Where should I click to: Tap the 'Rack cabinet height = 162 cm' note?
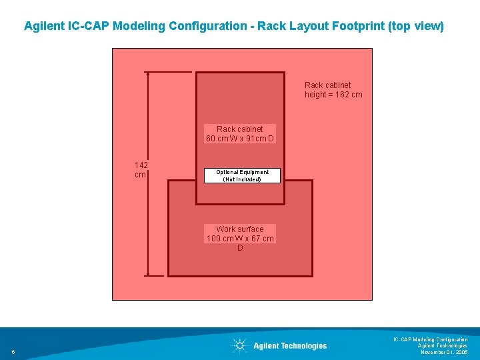tap(333, 90)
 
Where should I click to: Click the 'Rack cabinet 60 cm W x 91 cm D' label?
tap(240, 134)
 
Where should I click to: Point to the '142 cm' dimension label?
tap(141, 169)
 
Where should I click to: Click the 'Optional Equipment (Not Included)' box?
tap(241, 175)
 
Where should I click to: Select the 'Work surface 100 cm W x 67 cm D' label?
tap(240, 238)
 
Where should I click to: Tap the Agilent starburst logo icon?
tap(239, 345)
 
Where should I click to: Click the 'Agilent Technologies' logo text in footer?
tap(290, 345)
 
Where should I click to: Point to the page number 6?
tap(13, 352)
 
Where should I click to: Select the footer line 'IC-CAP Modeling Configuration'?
tap(430, 339)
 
